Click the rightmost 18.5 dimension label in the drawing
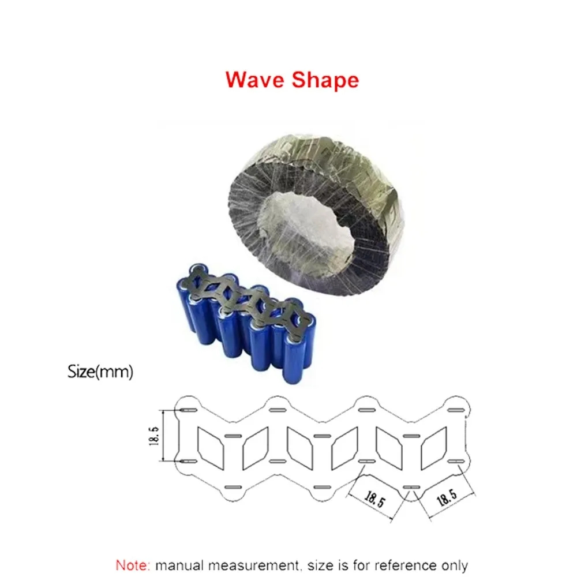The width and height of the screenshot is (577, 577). [447, 500]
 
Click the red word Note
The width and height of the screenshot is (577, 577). [133, 565]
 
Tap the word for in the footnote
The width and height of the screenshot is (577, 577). [361, 565]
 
